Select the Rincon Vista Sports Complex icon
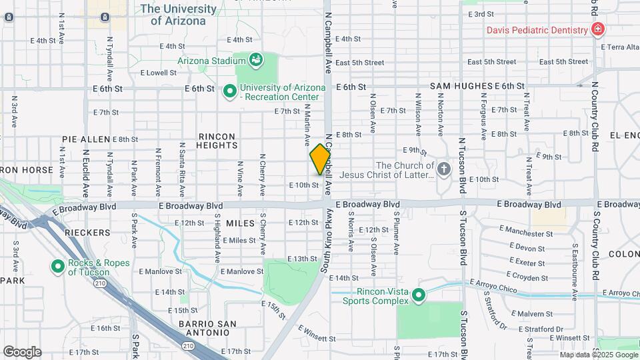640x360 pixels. coord(419,294)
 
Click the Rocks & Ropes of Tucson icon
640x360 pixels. coord(58,267)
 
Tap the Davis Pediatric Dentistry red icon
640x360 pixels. coord(598,30)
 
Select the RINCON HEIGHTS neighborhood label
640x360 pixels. coord(217,141)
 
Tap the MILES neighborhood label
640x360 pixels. coord(241,223)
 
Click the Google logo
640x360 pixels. coord(22,352)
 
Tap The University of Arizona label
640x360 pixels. coord(178,15)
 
